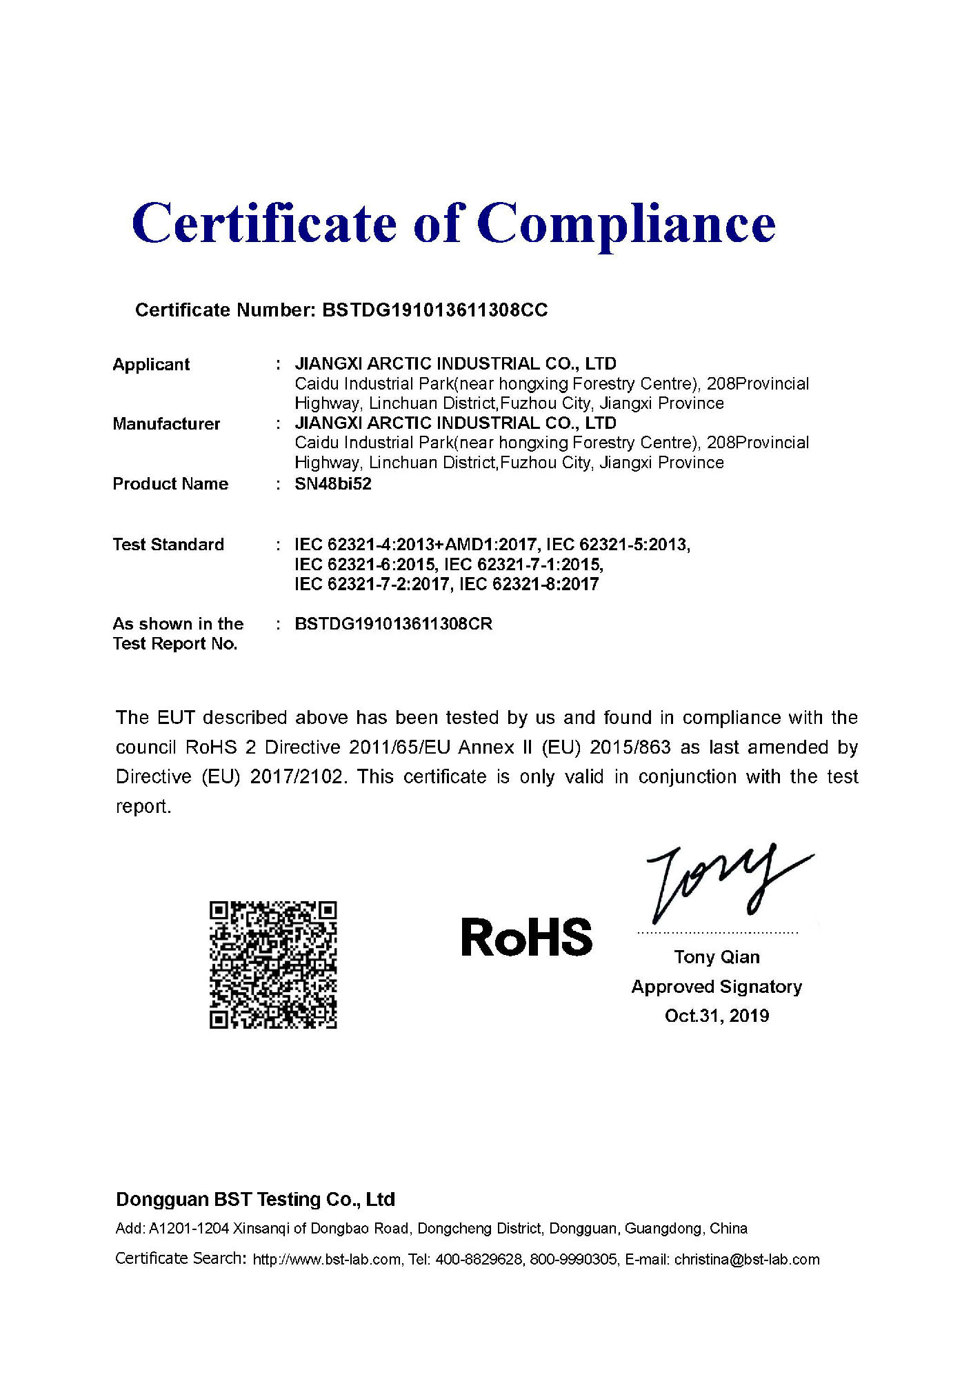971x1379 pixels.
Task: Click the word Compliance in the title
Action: pos(625,224)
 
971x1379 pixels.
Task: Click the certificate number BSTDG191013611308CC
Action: pos(434,310)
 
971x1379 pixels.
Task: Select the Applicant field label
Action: pos(151,365)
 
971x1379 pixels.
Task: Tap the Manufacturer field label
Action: pos(166,424)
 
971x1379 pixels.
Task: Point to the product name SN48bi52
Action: pos(333,484)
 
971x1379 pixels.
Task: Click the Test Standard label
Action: pos(168,545)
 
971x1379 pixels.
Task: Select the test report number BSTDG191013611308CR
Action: pos(393,624)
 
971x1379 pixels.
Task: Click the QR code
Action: pos(273,965)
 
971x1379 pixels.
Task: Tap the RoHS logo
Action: pos(526,938)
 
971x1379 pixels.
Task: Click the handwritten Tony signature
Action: pos(724,883)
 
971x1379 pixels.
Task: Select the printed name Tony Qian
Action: pos(717,957)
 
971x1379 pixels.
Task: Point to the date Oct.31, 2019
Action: pos(717,1016)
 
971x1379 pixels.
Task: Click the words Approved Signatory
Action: pos(717,987)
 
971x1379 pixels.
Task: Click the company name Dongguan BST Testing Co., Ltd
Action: pos(255,1200)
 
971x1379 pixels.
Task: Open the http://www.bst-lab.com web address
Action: pos(326,1260)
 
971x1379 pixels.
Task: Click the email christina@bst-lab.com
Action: pos(747,1260)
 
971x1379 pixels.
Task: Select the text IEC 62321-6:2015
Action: pos(365,565)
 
